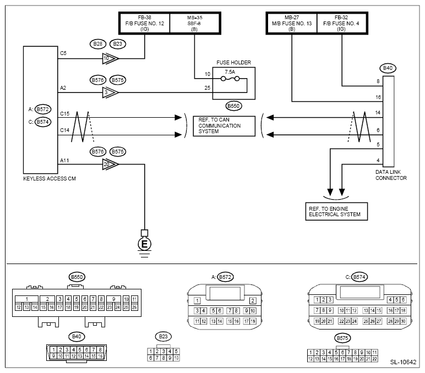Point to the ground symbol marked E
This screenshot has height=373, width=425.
click(x=144, y=243)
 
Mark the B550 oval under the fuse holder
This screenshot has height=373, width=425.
click(x=234, y=105)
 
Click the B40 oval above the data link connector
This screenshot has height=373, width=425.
click(x=389, y=68)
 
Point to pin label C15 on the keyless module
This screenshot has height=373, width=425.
click(x=65, y=113)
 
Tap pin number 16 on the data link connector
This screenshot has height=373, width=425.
click(x=377, y=96)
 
